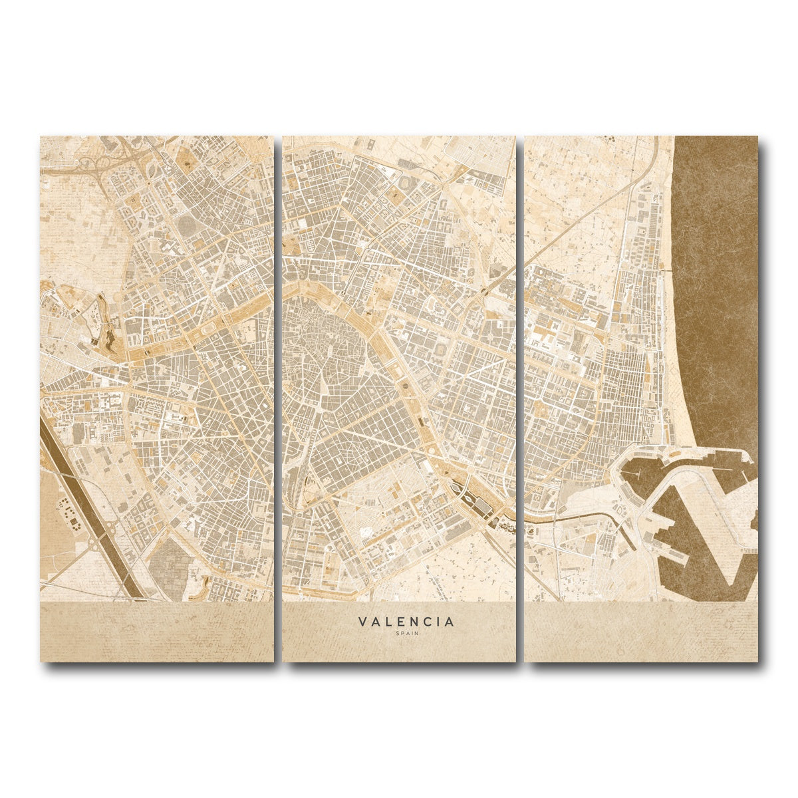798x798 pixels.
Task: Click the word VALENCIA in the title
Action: coord(406,622)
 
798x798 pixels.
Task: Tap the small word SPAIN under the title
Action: coord(406,633)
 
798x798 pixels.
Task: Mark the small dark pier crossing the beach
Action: coord(666,270)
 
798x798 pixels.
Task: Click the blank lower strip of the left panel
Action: coord(156,632)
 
